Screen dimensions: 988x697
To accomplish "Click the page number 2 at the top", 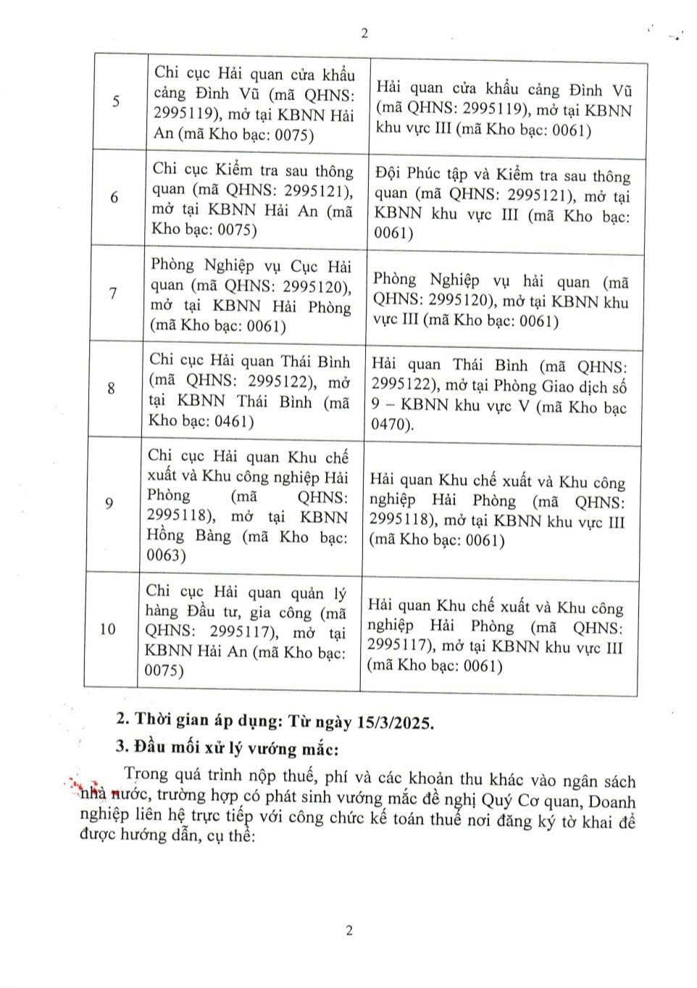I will (364, 33).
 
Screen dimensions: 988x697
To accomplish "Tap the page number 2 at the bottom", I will (349, 931).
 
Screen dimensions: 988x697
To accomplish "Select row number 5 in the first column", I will (117, 101).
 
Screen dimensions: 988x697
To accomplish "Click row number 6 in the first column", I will (114, 197).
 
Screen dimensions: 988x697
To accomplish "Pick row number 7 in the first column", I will (113, 294).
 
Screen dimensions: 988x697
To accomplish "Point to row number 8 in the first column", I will (111, 389).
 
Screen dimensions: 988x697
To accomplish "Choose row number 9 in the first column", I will (109, 503).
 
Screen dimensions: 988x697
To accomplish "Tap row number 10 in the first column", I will (107, 628).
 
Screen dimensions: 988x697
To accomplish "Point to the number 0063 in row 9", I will (167, 556).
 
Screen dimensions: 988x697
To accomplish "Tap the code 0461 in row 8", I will (233, 421).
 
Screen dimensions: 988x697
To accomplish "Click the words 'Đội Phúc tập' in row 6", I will (412, 175).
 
